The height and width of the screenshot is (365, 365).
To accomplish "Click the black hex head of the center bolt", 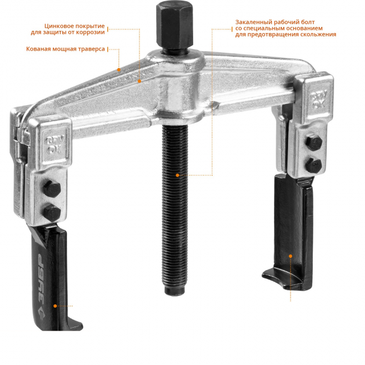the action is pyautogui.click(x=174, y=25).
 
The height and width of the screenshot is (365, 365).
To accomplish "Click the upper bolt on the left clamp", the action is pyautogui.click(x=52, y=189).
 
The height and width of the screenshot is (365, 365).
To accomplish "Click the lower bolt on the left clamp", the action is pyautogui.click(x=52, y=213).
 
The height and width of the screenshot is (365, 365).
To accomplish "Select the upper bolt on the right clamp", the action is pyautogui.click(x=314, y=143).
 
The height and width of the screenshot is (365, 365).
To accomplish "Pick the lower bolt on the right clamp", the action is pyautogui.click(x=313, y=165).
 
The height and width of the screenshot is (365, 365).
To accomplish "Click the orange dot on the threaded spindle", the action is pyautogui.click(x=177, y=175).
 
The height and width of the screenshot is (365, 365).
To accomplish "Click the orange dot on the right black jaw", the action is pyautogui.click(x=290, y=256).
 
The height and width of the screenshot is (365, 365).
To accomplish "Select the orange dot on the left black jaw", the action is pyautogui.click(x=55, y=306).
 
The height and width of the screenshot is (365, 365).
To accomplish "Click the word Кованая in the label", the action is pyautogui.click(x=38, y=49).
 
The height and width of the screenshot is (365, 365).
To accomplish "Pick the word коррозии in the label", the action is pyautogui.click(x=91, y=33).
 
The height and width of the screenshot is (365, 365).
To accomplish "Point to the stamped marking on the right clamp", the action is pyautogui.click(x=318, y=99).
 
